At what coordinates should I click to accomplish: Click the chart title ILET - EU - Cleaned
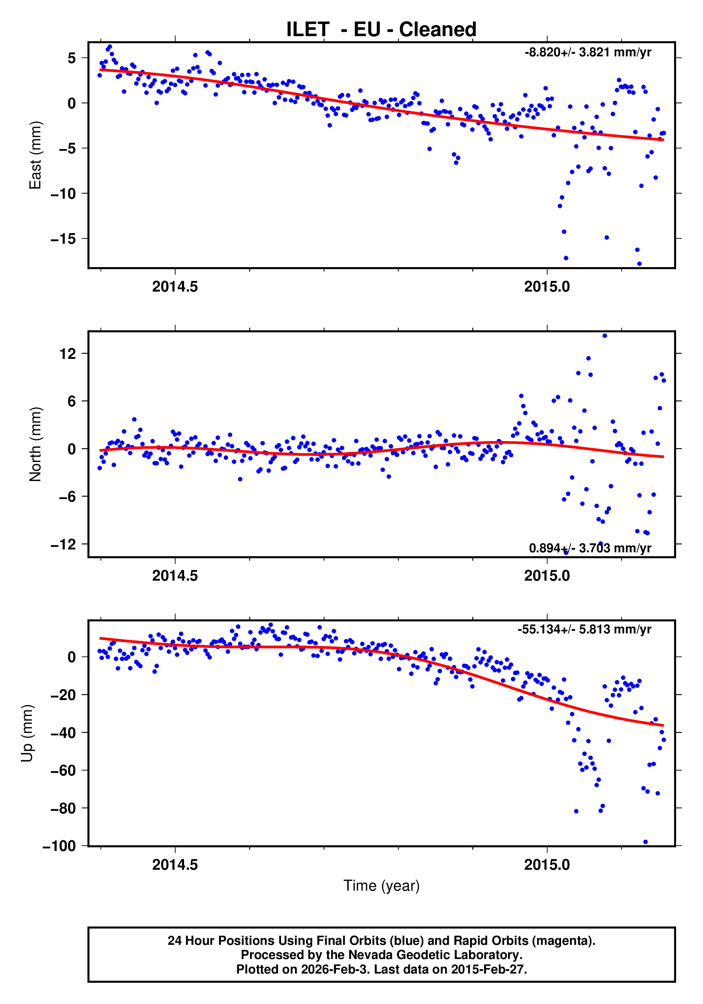(381, 29)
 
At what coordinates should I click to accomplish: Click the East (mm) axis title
(35, 155)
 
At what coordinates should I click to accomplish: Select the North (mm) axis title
(35, 444)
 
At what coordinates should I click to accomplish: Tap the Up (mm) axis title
(27, 733)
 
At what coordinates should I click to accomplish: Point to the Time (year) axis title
(381, 886)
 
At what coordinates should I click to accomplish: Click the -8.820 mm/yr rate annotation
(588, 52)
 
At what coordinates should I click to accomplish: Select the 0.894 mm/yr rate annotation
(590, 548)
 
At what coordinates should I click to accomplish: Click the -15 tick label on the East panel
(63, 239)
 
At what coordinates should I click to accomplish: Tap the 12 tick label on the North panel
(68, 354)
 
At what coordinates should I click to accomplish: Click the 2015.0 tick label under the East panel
(547, 287)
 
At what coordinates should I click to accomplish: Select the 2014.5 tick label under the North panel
(175, 576)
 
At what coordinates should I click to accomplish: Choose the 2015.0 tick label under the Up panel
(547, 865)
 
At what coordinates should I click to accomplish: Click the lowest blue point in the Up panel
(645, 842)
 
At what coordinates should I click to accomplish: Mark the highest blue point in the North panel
(605, 336)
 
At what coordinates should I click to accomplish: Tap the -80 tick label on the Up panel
(63, 808)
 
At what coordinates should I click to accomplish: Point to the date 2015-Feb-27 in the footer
(488, 969)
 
